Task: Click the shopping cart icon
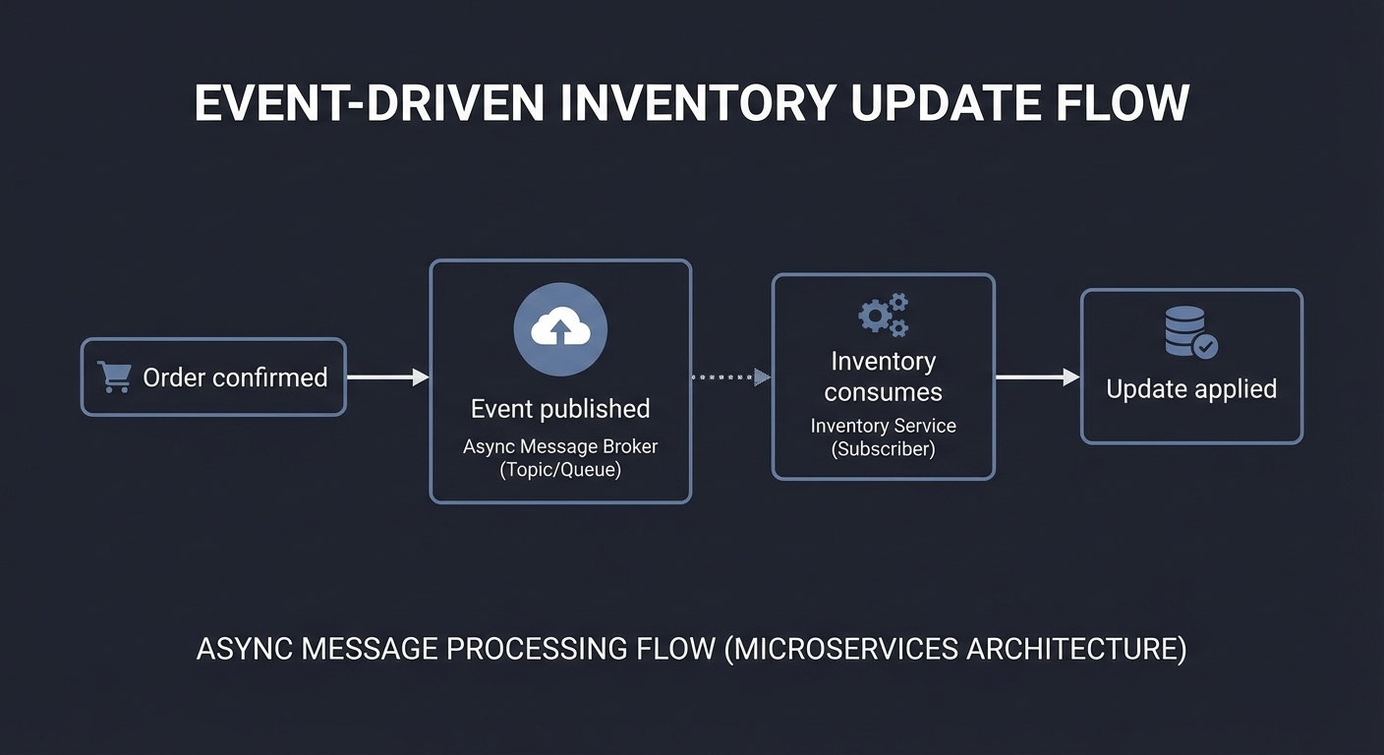point(114,377)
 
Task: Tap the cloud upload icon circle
point(560,330)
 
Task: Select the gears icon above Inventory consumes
point(883,315)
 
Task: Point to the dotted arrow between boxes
point(730,377)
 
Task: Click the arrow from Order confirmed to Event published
point(387,377)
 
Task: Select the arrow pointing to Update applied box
point(1037,377)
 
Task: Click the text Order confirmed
point(235,377)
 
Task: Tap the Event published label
point(560,409)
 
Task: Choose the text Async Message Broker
point(560,446)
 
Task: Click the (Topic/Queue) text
point(560,470)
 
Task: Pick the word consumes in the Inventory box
point(883,392)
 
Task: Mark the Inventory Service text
point(883,427)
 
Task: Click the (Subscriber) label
point(883,450)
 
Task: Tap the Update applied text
point(1191,389)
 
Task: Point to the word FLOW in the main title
point(1124,103)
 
